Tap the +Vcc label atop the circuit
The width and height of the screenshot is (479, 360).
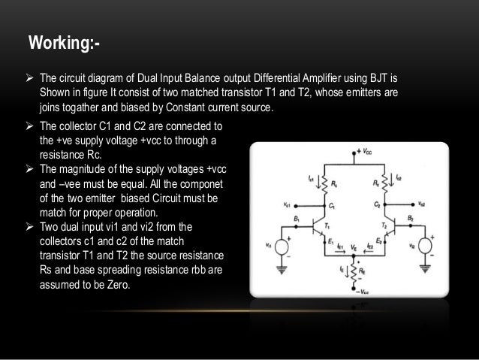(366, 151)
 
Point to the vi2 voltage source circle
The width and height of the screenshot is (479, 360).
(424, 247)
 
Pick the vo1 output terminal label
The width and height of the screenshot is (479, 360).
(289, 204)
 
